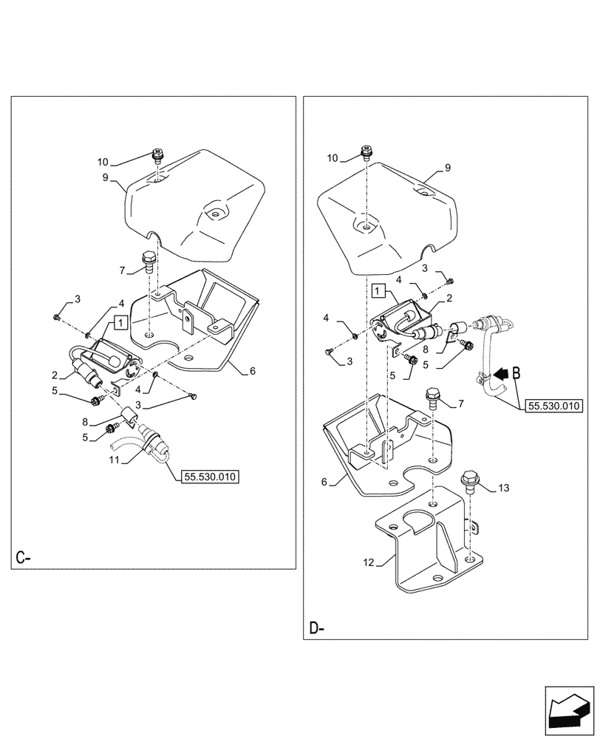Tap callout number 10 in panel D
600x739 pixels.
(x=333, y=158)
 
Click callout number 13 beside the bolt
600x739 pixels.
(x=504, y=488)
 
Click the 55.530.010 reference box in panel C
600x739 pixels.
(x=209, y=477)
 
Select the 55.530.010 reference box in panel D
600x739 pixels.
(x=554, y=406)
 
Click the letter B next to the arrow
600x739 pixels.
(x=517, y=374)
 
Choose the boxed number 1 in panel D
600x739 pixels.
(x=379, y=290)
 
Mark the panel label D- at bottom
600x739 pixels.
(x=316, y=629)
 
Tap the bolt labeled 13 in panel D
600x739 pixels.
(x=468, y=481)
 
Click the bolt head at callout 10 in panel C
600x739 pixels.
(x=156, y=155)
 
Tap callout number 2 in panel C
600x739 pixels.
(x=54, y=375)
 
